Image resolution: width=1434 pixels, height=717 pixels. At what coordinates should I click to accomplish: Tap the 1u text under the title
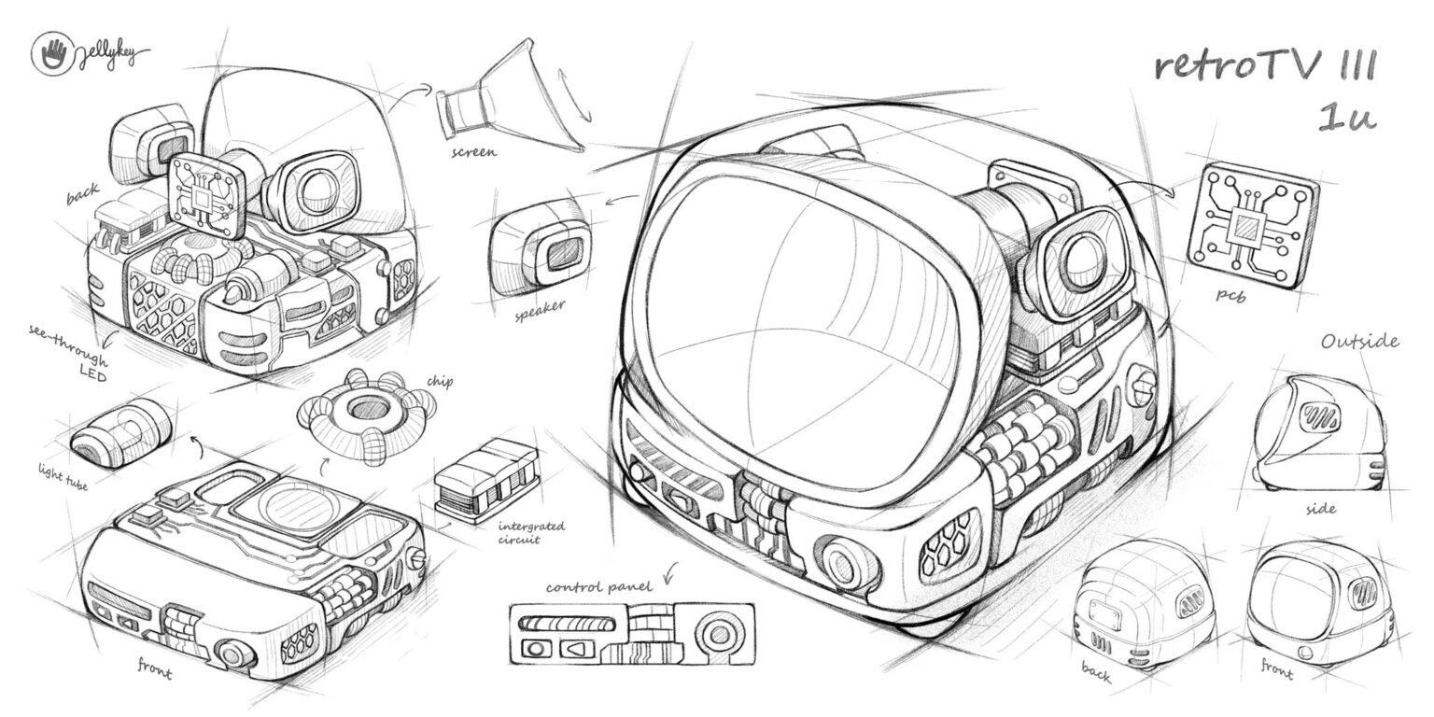point(1345,117)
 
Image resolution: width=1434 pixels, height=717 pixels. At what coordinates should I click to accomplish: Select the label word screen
point(473,152)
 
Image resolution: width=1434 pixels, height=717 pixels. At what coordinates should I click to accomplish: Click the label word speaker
point(541,311)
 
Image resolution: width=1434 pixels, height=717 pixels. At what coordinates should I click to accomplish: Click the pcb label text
point(1230,295)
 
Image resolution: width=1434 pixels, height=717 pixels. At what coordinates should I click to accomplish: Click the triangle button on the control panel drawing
point(577,648)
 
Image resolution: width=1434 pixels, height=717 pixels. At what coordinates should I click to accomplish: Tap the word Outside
point(1360,341)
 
